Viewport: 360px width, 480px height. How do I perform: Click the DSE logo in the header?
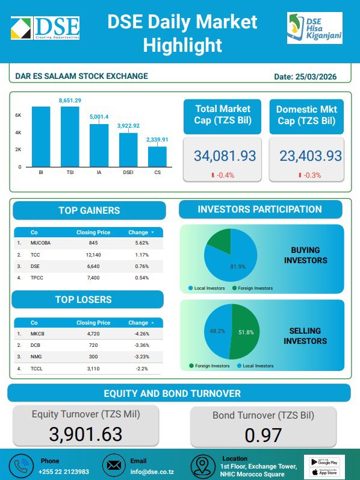(45, 28)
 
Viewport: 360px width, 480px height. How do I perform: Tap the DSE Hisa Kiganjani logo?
(314, 28)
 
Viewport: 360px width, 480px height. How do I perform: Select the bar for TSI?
(70, 136)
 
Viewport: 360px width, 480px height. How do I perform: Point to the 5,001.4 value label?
(99, 116)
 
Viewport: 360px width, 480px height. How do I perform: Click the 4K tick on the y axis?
(19, 132)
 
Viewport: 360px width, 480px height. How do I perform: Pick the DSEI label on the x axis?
(128, 172)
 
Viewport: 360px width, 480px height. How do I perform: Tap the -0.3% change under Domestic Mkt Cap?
(308, 175)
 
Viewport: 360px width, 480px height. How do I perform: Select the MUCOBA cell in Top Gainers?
(41, 243)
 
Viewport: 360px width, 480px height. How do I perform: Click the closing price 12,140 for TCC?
(93, 255)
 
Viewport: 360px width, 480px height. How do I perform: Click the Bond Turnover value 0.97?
(264, 434)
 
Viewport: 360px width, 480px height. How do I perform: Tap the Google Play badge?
(324, 461)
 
